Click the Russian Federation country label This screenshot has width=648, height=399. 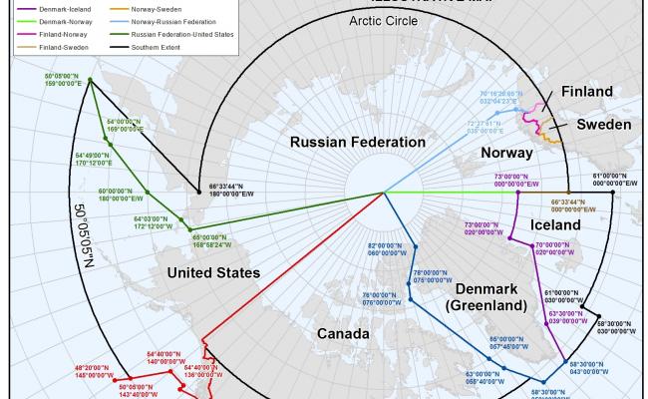click(344, 143)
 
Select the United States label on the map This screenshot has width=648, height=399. click(214, 272)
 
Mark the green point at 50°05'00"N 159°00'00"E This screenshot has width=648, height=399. click(90, 81)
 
